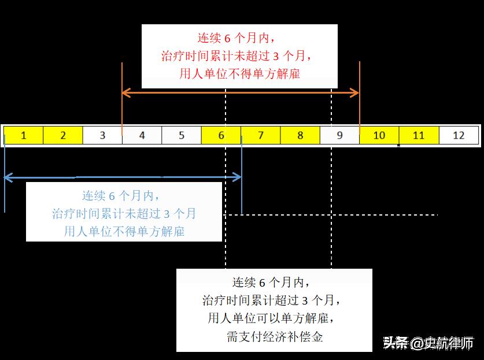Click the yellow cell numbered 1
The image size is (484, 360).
point(24,135)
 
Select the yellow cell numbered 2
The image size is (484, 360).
point(63,135)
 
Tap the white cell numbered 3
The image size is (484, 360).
point(102,135)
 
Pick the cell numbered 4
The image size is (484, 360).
point(142,135)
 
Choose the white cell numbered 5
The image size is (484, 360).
point(182,135)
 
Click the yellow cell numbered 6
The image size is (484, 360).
point(221,135)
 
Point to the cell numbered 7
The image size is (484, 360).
point(261,135)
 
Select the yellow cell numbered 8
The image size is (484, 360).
point(300,135)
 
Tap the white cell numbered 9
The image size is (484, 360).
point(339,135)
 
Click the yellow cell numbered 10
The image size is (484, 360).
point(379,135)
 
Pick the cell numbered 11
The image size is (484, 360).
point(419,135)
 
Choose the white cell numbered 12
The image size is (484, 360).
point(459,135)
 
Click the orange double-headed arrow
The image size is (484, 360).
point(241,92)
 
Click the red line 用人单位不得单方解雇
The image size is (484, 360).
point(239,73)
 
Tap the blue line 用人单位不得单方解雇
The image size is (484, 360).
point(124,231)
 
